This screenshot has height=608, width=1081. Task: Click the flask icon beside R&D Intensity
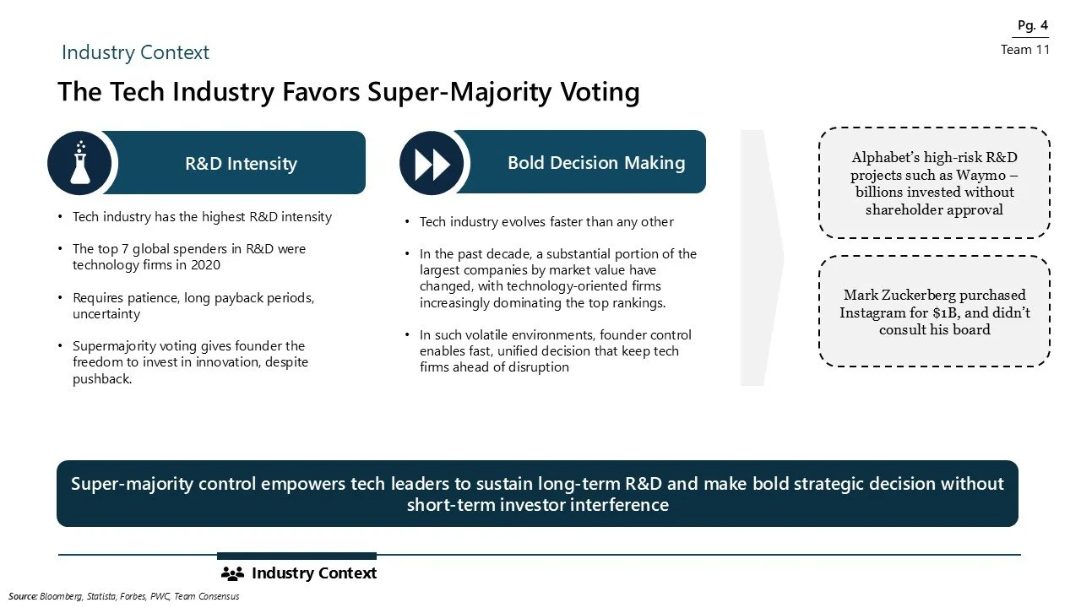[80, 162]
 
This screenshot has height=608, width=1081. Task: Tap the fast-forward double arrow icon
[432, 163]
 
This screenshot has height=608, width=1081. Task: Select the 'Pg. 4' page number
[1032, 25]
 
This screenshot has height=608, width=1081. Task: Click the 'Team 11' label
[1024, 50]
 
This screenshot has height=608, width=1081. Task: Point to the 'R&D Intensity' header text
[241, 163]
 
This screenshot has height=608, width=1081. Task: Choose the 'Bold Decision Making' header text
[595, 162]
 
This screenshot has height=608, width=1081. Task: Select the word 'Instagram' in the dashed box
[871, 312]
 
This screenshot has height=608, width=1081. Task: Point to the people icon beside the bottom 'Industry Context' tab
[232, 574]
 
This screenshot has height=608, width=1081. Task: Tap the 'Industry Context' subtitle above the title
[135, 52]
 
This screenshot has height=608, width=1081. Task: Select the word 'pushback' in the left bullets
[101, 379]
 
